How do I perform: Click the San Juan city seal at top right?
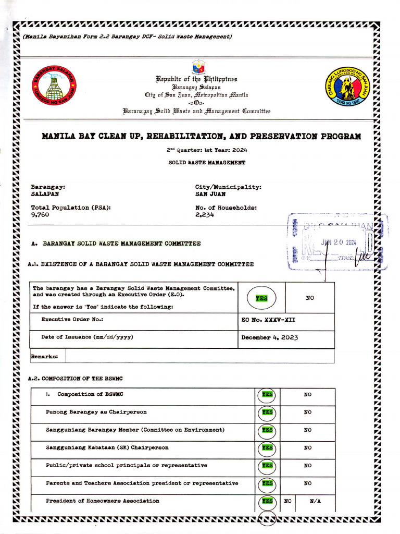tap(347, 86)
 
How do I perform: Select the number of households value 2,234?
tap(205, 215)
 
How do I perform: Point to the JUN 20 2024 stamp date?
tap(339, 242)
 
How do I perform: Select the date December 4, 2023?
tap(270, 337)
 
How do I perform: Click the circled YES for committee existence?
tap(261, 298)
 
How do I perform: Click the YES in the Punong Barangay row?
tap(267, 412)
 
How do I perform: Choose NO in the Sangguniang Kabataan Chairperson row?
tap(308, 447)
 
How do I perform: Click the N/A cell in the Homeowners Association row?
tap(315, 501)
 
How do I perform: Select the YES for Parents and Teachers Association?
tap(267, 483)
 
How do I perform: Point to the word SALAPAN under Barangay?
tap(45, 194)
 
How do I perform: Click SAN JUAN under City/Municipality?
tap(210, 194)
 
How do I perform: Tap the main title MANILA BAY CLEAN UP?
tap(201, 137)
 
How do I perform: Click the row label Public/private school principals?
tap(126, 465)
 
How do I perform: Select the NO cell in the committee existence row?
tap(310, 298)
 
